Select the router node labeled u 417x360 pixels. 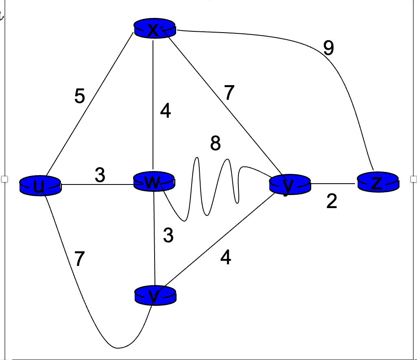click(40, 186)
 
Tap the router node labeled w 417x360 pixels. click(154, 182)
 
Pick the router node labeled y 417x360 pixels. click(289, 185)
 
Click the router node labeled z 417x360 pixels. click(378, 182)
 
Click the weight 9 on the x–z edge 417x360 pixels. click(329, 48)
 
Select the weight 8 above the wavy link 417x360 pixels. click(216, 143)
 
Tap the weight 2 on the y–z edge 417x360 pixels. click(332, 202)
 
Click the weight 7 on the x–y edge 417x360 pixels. click(229, 93)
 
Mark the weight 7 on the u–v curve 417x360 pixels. click(80, 259)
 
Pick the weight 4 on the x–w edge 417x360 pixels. click(165, 111)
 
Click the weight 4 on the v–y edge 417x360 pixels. click(226, 257)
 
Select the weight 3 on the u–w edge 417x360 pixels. click(100, 176)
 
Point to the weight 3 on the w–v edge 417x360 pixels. click(168, 235)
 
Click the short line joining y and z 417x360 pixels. click(334, 184)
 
